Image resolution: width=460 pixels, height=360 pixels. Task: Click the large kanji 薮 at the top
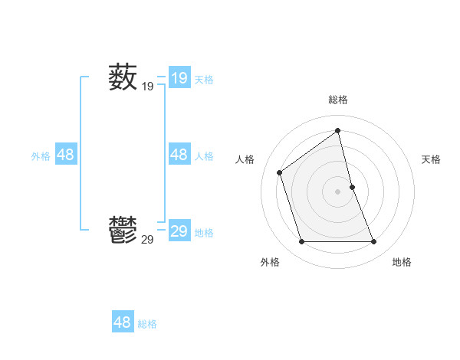[123, 77]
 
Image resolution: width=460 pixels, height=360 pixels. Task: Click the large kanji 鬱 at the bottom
[123, 230]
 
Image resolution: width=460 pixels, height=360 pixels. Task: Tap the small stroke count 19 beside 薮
[147, 87]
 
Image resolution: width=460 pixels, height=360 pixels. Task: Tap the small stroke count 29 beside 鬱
[147, 240]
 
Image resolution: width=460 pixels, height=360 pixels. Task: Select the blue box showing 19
[179, 78]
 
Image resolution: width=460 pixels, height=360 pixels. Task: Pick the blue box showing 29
[179, 231]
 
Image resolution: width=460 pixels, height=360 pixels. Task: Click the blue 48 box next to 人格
[179, 155]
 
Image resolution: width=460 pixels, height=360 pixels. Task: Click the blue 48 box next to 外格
[65, 155]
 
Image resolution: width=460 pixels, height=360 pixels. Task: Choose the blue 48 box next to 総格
[122, 322]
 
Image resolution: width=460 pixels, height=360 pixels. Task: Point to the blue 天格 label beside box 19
[204, 79]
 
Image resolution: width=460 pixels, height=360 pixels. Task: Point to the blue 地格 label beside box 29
[204, 233]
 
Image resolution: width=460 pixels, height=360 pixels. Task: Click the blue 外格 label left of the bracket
[41, 156]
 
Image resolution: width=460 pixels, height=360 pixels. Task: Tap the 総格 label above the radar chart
[338, 100]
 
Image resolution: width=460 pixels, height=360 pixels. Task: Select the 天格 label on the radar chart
[431, 159]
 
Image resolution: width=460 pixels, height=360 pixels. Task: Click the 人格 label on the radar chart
[245, 159]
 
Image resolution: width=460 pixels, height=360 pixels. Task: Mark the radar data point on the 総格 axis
[337, 131]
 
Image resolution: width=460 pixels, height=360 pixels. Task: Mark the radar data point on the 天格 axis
[352, 187]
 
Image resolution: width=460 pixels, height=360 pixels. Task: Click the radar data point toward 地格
[374, 242]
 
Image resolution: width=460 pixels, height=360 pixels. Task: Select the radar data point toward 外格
[301, 242]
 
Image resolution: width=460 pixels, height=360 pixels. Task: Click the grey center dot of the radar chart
[337, 191]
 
